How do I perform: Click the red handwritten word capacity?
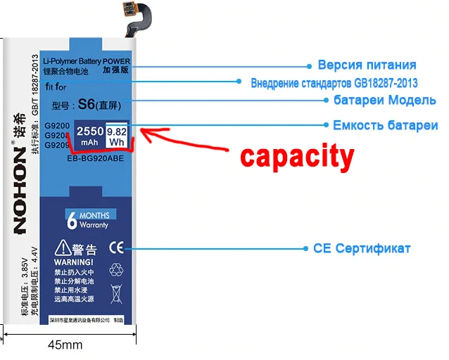296,156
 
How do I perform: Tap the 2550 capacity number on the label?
90,130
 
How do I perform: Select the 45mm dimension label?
65,345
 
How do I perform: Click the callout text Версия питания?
367,65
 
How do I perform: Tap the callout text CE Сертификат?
362,249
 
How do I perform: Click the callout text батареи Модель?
384,100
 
